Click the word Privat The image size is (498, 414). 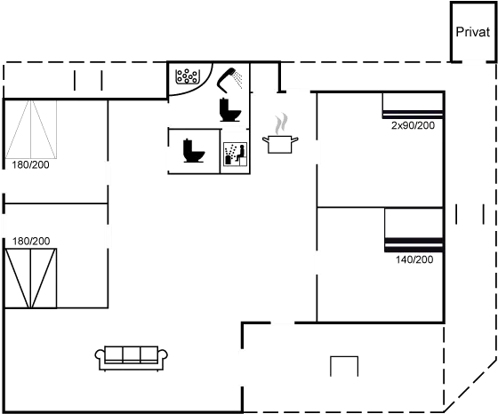click(472, 32)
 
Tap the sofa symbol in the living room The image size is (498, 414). click(132, 358)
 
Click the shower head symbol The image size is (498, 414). click(229, 80)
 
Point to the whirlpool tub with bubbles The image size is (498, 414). click(188, 76)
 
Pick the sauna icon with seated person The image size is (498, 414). click(236, 154)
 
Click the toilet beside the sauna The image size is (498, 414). click(194, 151)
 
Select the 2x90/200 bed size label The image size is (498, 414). click(413, 125)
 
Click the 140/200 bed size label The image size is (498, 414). click(414, 259)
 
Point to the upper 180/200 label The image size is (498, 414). click(30, 165)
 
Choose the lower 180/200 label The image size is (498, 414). click(31, 242)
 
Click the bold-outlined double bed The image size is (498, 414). click(31, 278)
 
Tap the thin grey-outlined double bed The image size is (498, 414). click(31, 129)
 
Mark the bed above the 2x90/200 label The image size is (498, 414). click(413, 106)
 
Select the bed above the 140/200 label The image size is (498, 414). click(414, 230)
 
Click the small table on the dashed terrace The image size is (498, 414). click(344, 366)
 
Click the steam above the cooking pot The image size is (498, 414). click(281, 123)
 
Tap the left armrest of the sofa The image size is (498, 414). click(100, 357)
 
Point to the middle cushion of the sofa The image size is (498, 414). click(132, 354)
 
